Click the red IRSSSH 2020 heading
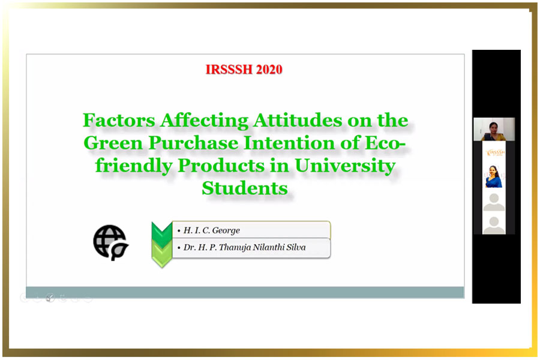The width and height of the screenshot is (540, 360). tap(244, 69)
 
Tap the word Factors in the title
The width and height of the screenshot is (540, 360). tap(119, 120)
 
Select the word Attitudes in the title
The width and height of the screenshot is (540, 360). tap(298, 120)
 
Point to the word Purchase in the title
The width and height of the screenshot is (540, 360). tap(194, 143)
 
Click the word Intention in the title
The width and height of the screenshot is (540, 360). tap(289, 143)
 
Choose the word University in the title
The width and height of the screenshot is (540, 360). tap(345, 166)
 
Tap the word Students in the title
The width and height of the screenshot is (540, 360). tap(245, 188)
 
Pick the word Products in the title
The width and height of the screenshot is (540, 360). tap(221, 166)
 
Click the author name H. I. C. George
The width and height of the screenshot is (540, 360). tap(211, 230)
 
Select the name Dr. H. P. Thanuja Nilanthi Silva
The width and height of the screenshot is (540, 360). tap(245, 247)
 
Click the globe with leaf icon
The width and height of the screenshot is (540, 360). tap(110, 242)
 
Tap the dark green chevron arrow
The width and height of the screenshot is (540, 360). tap(162, 234)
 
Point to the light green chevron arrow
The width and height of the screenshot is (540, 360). tap(162, 255)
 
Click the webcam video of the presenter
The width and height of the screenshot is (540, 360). tap(494, 129)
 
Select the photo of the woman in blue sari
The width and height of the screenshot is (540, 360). tap(494, 176)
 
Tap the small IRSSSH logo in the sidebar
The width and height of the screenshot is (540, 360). tap(495, 152)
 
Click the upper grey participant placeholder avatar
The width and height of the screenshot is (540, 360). tap(494, 202)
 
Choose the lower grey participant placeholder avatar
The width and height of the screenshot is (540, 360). tap(494, 226)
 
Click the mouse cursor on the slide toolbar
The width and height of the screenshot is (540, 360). tap(49, 299)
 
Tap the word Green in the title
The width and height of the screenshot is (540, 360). tap(113, 143)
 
